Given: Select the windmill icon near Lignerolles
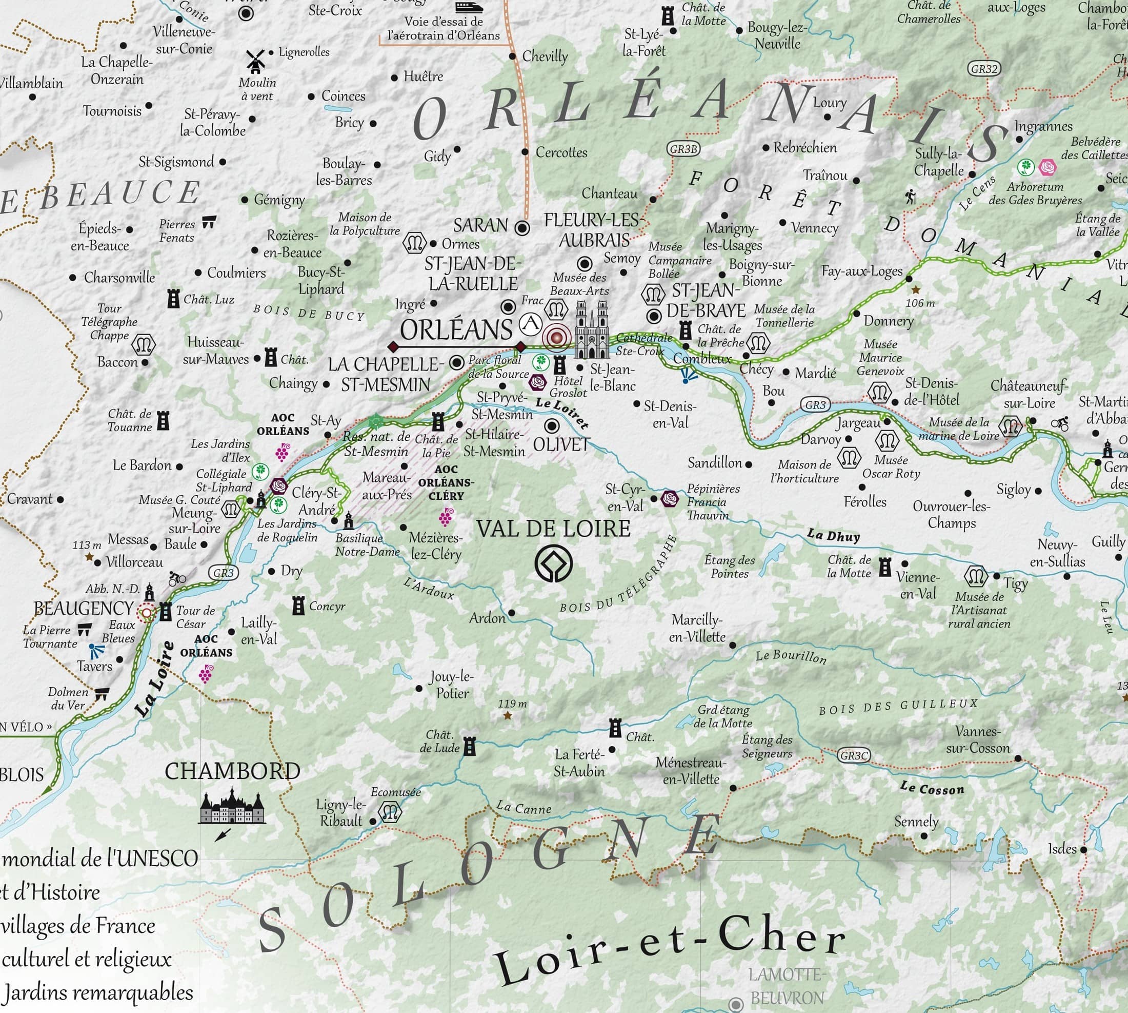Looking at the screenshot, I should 255,61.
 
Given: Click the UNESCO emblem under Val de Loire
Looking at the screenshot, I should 553,564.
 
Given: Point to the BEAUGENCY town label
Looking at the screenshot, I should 84,608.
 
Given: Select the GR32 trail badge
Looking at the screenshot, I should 984,68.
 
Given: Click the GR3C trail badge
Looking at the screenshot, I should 853,755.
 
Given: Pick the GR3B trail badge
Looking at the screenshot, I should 682,149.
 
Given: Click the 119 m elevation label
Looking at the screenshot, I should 512,704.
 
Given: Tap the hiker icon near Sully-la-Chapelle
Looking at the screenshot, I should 911,197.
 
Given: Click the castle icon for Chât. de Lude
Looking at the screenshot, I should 470,746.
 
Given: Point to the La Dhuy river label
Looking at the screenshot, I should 833,535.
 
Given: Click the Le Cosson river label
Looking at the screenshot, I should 932,788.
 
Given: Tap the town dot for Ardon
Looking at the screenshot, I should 511,613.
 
